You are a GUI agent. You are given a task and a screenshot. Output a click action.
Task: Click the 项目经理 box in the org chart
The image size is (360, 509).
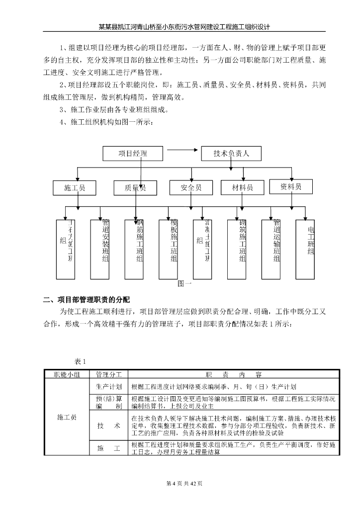tap(133, 154)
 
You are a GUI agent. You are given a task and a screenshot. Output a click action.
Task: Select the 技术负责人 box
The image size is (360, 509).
tap(231, 154)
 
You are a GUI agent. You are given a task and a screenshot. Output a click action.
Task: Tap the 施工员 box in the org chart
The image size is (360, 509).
tap(75, 187)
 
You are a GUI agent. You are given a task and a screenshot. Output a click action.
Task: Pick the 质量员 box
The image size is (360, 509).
tap(136, 187)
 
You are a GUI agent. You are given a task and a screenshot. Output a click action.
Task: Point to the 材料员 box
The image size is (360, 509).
tap(243, 187)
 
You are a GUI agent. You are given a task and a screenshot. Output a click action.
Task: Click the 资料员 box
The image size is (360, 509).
tap(291, 186)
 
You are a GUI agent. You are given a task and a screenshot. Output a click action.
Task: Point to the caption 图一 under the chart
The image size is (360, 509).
tap(184, 284)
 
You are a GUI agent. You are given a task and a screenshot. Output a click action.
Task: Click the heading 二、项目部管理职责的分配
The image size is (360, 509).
tap(86, 299)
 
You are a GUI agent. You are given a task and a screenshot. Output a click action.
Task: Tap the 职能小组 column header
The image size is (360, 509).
tap(67, 374)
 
